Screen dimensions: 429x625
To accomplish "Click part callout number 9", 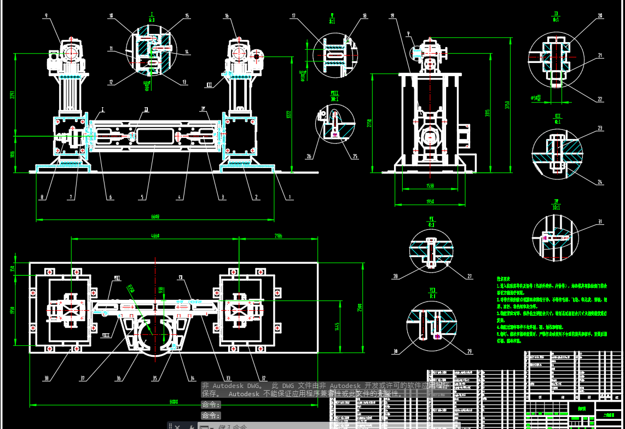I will tap(46, 16).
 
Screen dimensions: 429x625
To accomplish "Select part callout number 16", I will tap(227, 16).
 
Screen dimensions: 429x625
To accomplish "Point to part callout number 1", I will tap(291, 198).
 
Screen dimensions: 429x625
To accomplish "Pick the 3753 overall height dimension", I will tap(507, 105).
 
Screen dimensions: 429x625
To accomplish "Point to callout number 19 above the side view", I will tap(392, 16).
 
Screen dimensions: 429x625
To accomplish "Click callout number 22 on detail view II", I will tap(600, 100).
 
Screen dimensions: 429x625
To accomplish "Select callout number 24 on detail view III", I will tap(600, 182).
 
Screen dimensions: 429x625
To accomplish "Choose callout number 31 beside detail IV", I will tap(600, 222).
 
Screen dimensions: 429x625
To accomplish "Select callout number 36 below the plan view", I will tap(119, 378).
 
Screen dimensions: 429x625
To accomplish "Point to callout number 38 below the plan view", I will tap(47, 378).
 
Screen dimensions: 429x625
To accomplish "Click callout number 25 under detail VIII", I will tap(355, 156).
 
